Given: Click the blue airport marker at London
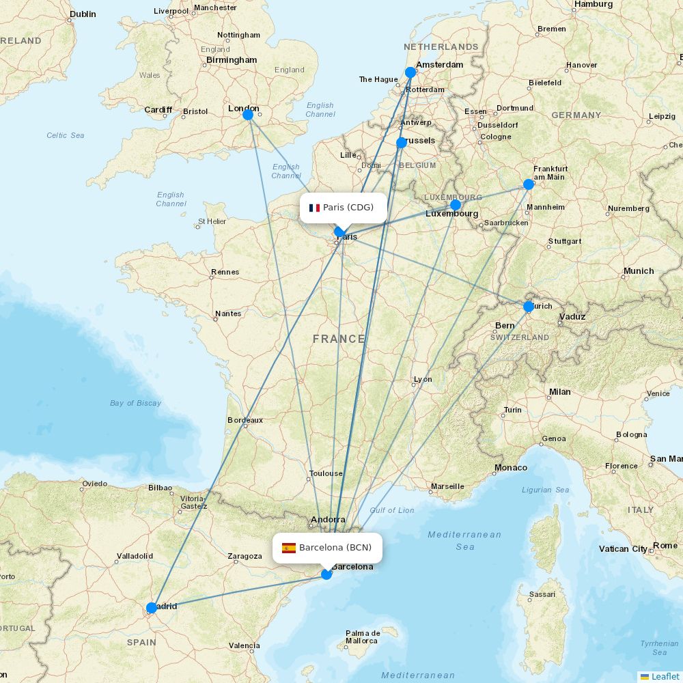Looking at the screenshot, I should (x=248, y=115).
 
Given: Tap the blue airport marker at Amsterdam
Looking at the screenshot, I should (x=410, y=72).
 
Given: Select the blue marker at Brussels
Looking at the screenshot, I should (x=401, y=143).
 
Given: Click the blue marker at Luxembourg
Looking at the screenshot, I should (x=456, y=205).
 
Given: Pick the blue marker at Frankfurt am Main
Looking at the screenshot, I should (x=528, y=184).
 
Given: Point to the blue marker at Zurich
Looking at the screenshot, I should (x=528, y=307).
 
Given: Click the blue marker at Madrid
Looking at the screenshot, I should (x=152, y=608).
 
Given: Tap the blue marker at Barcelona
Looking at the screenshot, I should (x=326, y=574).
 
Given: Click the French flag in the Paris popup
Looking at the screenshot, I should (x=314, y=208).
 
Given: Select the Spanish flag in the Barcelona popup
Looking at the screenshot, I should (x=289, y=548).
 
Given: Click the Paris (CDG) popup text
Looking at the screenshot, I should (x=348, y=208).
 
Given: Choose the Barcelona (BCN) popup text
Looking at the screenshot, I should (x=335, y=548).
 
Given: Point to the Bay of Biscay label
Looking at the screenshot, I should (x=135, y=403).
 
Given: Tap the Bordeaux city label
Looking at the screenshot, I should (x=245, y=420).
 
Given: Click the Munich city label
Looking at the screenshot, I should (x=639, y=271).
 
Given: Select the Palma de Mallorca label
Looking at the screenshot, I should (x=362, y=637).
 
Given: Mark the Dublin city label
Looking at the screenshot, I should (x=83, y=14).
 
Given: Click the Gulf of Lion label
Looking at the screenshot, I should (x=392, y=510).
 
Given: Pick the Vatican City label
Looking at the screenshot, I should (x=623, y=549).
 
